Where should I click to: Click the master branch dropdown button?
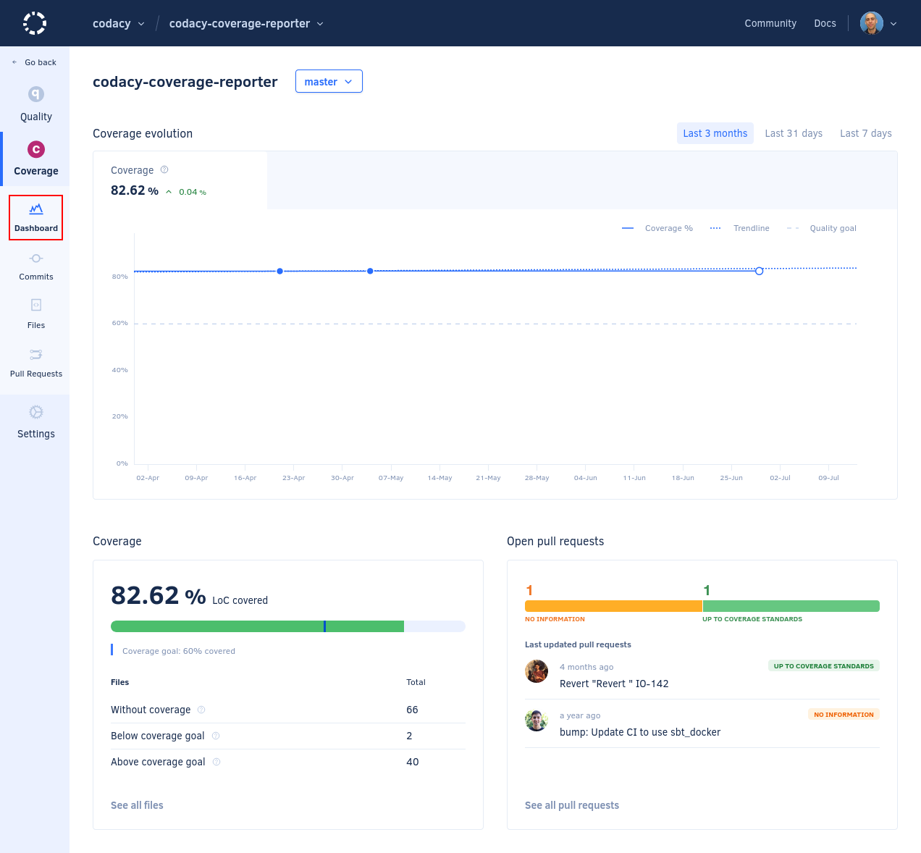click(329, 82)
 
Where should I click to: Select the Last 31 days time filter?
click(794, 133)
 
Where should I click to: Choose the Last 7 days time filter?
click(865, 133)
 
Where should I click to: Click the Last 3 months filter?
click(715, 133)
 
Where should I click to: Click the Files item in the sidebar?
click(36, 314)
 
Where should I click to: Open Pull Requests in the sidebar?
click(36, 362)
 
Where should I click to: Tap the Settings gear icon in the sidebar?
click(36, 413)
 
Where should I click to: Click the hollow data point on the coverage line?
click(759, 271)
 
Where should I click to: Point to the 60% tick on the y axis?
click(120, 323)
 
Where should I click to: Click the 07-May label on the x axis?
click(391, 478)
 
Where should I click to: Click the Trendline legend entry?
click(751, 228)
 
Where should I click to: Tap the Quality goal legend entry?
click(833, 228)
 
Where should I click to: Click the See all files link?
click(137, 805)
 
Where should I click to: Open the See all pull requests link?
click(572, 805)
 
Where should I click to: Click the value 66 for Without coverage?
click(412, 710)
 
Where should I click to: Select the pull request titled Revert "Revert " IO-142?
click(614, 684)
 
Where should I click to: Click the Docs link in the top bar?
click(825, 23)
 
